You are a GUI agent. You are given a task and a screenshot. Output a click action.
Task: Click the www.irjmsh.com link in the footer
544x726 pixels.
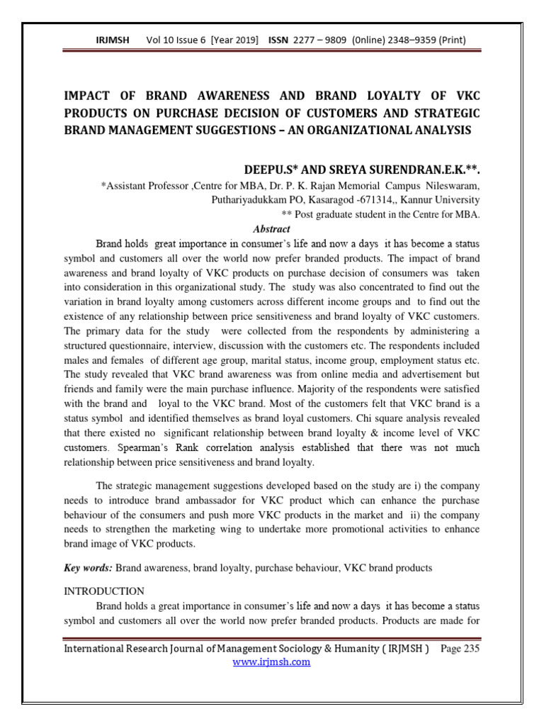[x=272, y=661]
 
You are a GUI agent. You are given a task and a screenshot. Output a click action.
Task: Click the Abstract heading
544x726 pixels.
[x=271, y=229]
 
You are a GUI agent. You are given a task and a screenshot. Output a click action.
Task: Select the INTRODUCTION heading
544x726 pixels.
[x=104, y=591]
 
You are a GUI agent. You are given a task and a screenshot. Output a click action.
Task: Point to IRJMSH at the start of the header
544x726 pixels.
[x=113, y=40]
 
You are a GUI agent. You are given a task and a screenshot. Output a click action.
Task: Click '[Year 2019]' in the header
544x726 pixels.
[x=230, y=40]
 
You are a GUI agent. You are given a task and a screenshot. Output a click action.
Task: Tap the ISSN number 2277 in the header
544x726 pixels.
[x=308, y=40]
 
